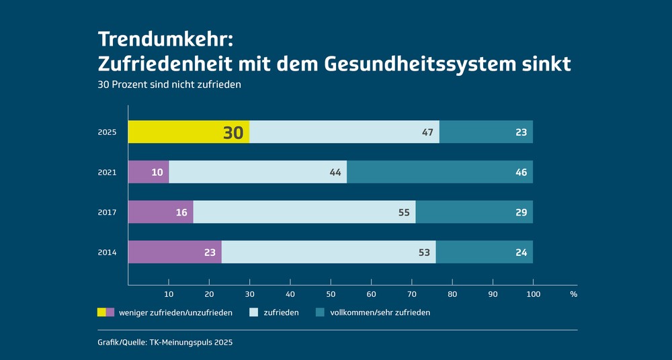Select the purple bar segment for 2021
(148, 173)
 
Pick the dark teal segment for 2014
(484, 253)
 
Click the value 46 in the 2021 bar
(521, 173)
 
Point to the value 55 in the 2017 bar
(404, 212)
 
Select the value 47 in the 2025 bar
(427, 132)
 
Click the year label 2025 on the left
(107, 132)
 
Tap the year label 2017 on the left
(107, 212)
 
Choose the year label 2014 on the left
(107, 253)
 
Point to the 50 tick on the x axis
(331, 294)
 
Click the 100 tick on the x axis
(533, 294)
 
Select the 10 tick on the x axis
(169, 294)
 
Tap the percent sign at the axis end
(573, 294)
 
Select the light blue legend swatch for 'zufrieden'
(253, 312)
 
